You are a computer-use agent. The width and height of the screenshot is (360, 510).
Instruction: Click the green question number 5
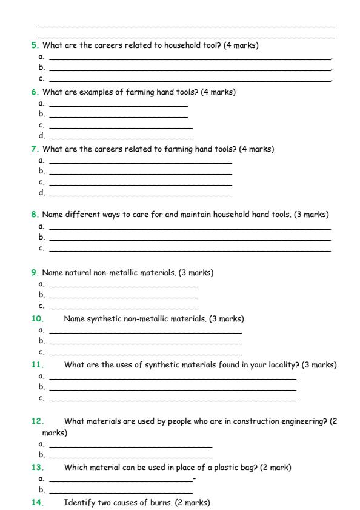point(33,45)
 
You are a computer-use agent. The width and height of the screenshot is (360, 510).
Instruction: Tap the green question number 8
point(33,215)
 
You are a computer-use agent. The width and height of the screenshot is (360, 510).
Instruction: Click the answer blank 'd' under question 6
point(121,138)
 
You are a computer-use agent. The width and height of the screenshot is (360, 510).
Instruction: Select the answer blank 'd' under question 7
point(140,195)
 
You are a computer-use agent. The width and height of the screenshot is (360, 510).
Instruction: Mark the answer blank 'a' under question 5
point(190,58)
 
